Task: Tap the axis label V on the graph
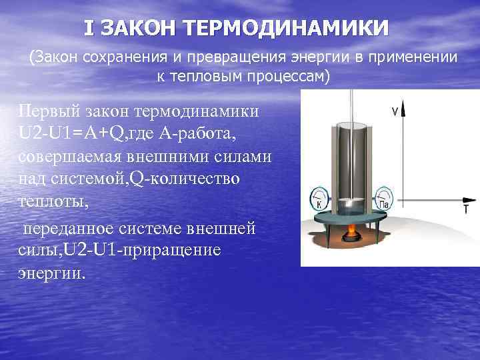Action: pyautogui.click(x=395, y=112)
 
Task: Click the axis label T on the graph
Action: pyautogui.click(x=465, y=209)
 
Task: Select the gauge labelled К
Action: pyautogui.click(x=319, y=199)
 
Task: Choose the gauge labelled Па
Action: pyautogui.click(x=384, y=197)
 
